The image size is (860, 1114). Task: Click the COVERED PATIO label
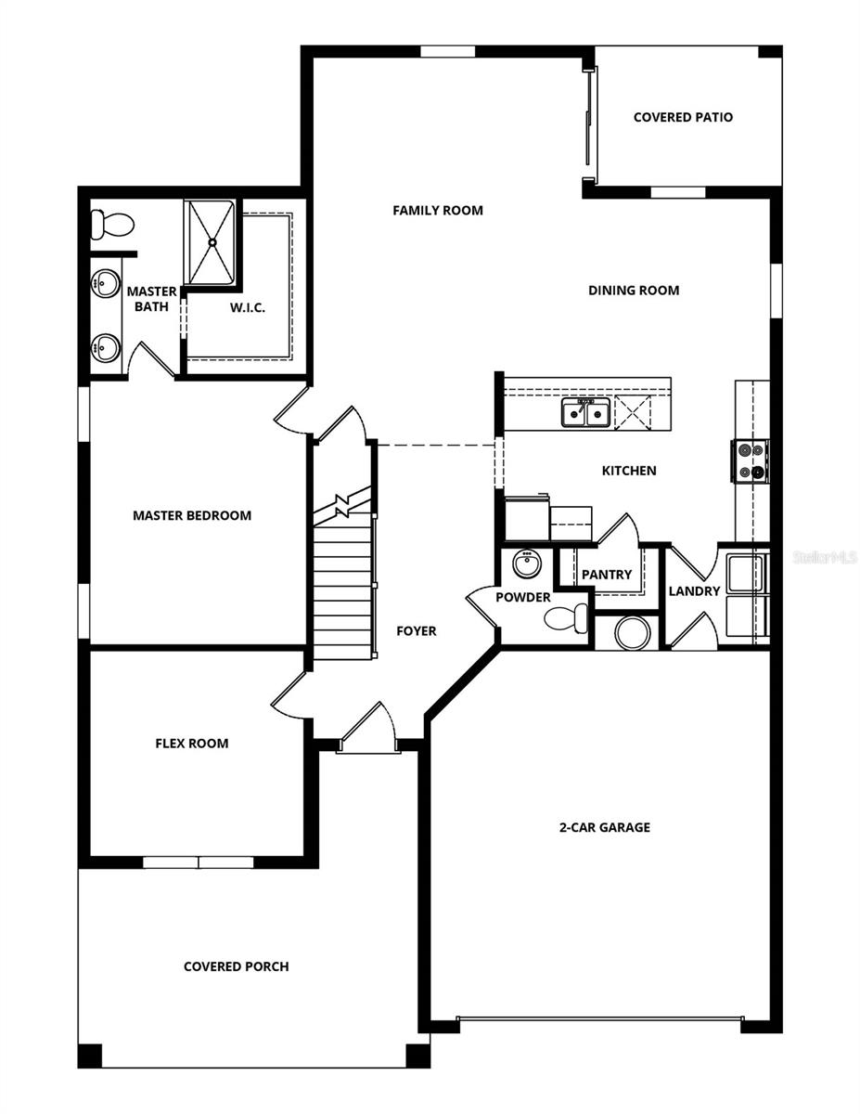[x=683, y=118]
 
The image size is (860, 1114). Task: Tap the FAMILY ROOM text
[x=438, y=211]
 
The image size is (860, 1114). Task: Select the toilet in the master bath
[x=109, y=224]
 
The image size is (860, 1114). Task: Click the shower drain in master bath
[x=212, y=242]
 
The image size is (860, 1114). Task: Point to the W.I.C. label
[x=248, y=307]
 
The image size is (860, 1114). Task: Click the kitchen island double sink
[x=584, y=411]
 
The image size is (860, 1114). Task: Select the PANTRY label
[x=607, y=575]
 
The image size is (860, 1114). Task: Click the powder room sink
[x=527, y=563]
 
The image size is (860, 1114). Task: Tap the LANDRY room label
[x=694, y=591]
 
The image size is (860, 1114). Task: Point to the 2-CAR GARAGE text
[x=604, y=827]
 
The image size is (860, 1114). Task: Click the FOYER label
[x=417, y=631]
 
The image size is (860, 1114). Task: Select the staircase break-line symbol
[x=343, y=505]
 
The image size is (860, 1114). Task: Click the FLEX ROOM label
[x=191, y=744]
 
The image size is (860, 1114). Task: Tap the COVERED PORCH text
[x=236, y=966]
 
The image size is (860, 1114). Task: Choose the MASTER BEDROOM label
[x=192, y=515]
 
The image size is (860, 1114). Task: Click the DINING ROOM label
[x=634, y=291]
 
